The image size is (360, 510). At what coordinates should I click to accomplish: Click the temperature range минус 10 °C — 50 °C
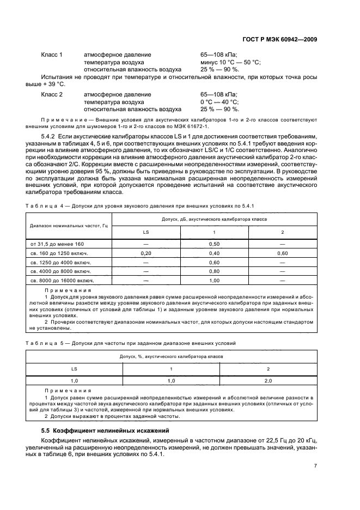point(230,63)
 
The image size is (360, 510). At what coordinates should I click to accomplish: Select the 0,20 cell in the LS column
point(145,253)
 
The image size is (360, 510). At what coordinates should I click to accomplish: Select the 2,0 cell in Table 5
point(267,381)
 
